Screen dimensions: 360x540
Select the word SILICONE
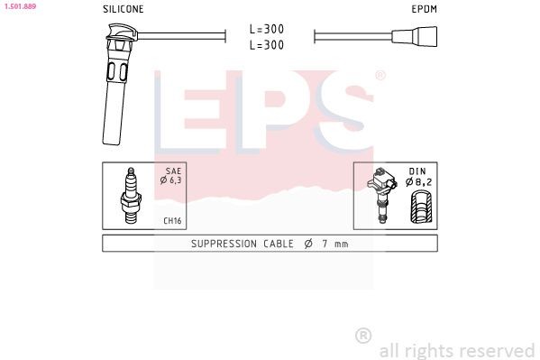click(x=123, y=9)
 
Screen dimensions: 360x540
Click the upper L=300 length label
click(x=267, y=30)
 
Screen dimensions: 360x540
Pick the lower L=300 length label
click(x=267, y=44)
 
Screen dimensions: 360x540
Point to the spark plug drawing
click(x=131, y=196)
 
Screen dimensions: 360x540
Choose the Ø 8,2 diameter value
click(x=421, y=180)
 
